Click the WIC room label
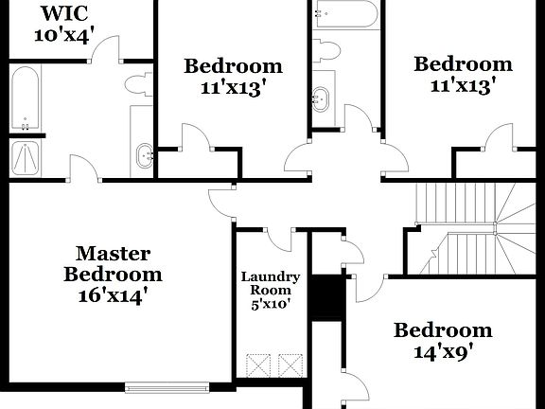click(x=63, y=15)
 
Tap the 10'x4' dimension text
click(x=63, y=36)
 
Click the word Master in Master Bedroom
click(x=114, y=254)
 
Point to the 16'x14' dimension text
click(x=114, y=294)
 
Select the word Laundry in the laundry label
click(x=271, y=277)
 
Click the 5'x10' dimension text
click(x=271, y=306)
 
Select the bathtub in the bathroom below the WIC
click(x=24, y=98)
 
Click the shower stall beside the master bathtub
click(x=25, y=158)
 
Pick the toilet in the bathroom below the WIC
click(x=136, y=84)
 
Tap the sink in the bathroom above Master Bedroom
click(x=145, y=154)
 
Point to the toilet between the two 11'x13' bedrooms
click(x=327, y=49)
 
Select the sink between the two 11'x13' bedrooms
click(x=323, y=96)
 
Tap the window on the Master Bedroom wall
click(x=167, y=385)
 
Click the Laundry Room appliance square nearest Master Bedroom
click(x=257, y=365)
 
